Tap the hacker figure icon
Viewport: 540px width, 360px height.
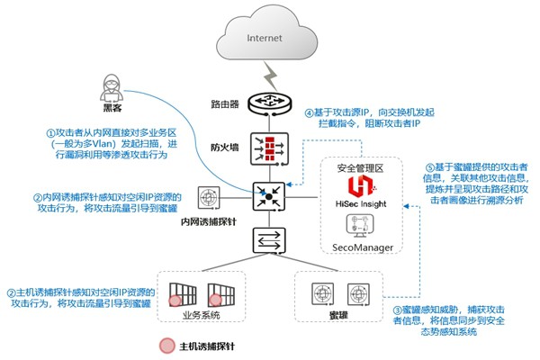(x=112, y=87)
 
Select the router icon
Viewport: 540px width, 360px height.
(x=270, y=103)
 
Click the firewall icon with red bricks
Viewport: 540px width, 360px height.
(x=269, y=148)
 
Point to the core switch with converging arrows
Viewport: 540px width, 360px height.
(x=269, y=196)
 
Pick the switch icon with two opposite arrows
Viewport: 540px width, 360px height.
(x=269, y=240)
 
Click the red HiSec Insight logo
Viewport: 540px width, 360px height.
(x=361, y=185)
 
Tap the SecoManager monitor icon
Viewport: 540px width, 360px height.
(x=359, y=226)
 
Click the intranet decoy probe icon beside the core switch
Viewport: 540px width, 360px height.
(x=209, y=198)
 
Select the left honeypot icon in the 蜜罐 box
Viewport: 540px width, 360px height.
(x=322, y=294)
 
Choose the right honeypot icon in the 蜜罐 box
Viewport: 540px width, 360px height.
(x=358, y=294)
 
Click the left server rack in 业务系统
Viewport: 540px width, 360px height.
(x=183, y=294)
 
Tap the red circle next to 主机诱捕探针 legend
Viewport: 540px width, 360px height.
(x=167, y=346)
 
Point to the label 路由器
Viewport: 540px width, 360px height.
(x=225, y=104)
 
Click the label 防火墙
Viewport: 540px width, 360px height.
(x=225, y=148)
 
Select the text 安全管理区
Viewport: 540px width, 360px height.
(x=360, y=168)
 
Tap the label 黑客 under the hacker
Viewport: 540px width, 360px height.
(x=112, y=108)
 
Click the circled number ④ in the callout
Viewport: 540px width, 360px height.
(x=309, y=112)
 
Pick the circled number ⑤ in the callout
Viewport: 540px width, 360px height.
(x=430, y=167)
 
